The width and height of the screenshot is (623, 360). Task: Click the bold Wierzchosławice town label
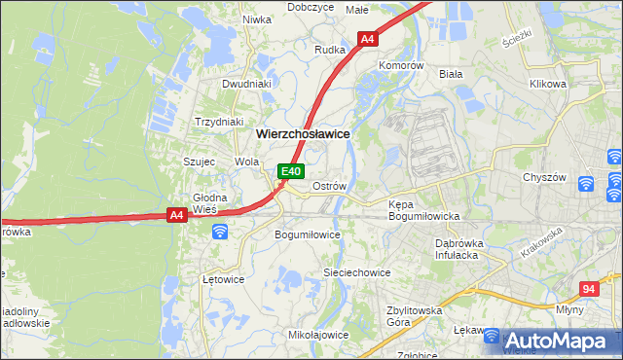(x=302, y=133)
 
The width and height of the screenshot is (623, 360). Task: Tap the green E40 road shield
(x=290, y=171)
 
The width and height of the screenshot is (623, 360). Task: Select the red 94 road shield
(x=587, y=289)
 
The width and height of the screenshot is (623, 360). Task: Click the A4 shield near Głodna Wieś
(x=176, y=215)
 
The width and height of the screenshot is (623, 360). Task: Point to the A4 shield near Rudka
(x=367, y=40)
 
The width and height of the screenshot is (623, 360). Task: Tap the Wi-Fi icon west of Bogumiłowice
(x=220, y=231)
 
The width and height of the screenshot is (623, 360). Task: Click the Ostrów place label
(x=329, y=185)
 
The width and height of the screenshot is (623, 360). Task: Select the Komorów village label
(x=401, y=65)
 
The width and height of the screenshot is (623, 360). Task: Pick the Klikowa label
(x=548, y=84)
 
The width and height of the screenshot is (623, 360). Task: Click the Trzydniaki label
(x=219, y=122)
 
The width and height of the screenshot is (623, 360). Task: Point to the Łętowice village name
(x=223, y=279)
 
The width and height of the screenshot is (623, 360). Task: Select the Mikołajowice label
(x=318, y=335)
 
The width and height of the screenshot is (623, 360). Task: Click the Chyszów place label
(x=543, y=177)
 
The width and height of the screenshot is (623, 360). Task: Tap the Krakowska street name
(x=542, y=242)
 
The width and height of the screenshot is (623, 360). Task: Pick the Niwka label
(x=257, y=18)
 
